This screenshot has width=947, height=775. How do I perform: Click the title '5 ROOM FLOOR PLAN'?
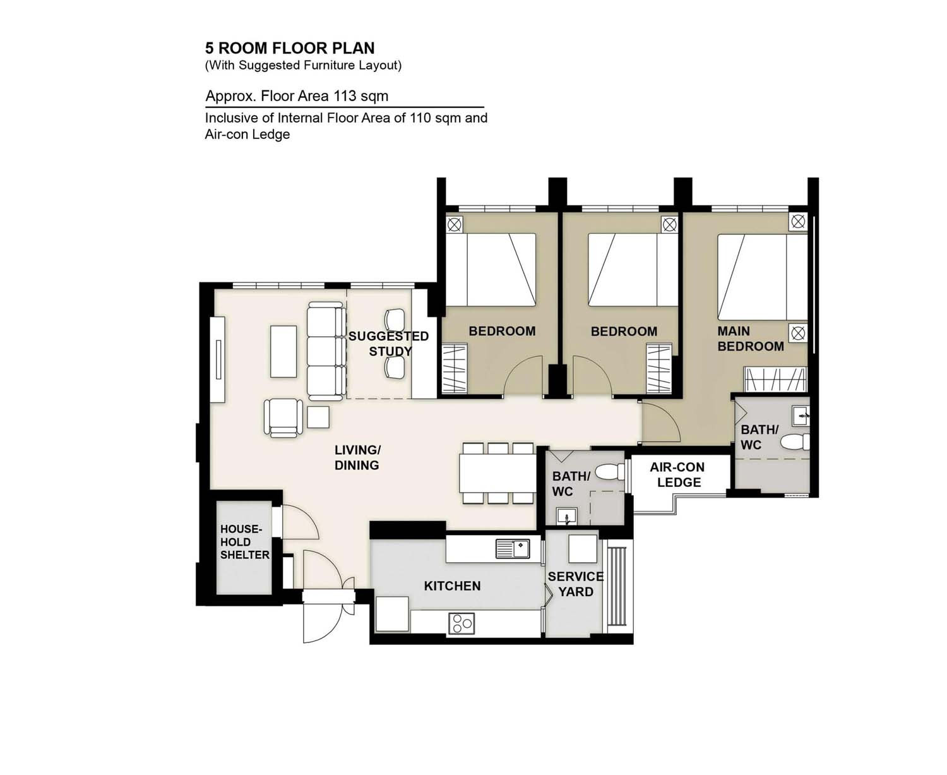(290, 48)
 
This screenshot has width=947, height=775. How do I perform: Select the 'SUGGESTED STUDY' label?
(388, 344)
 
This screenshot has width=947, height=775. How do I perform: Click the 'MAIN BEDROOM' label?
(750, 339)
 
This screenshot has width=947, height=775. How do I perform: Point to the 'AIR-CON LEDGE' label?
(677, 474)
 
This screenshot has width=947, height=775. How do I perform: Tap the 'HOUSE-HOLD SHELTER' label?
(244, 542)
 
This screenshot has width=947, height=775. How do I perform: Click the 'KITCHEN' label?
(452, 586)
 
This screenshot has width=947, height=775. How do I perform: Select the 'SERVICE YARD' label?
(575, 584)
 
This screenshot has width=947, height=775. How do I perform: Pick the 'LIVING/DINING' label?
(357, 457)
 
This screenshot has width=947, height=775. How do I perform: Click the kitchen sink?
(512, 548)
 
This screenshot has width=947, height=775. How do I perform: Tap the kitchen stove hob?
(462, 623)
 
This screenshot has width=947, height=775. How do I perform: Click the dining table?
(497, 473)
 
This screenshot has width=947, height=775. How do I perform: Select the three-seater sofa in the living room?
(326, 351)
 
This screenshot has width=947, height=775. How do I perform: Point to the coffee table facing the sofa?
(283, 351)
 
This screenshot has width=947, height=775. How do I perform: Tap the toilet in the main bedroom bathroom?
(795, 442)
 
